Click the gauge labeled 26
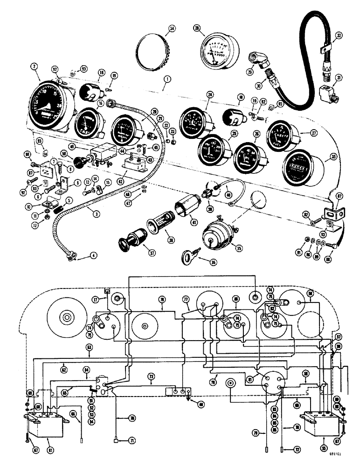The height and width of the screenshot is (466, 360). (249, 157)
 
